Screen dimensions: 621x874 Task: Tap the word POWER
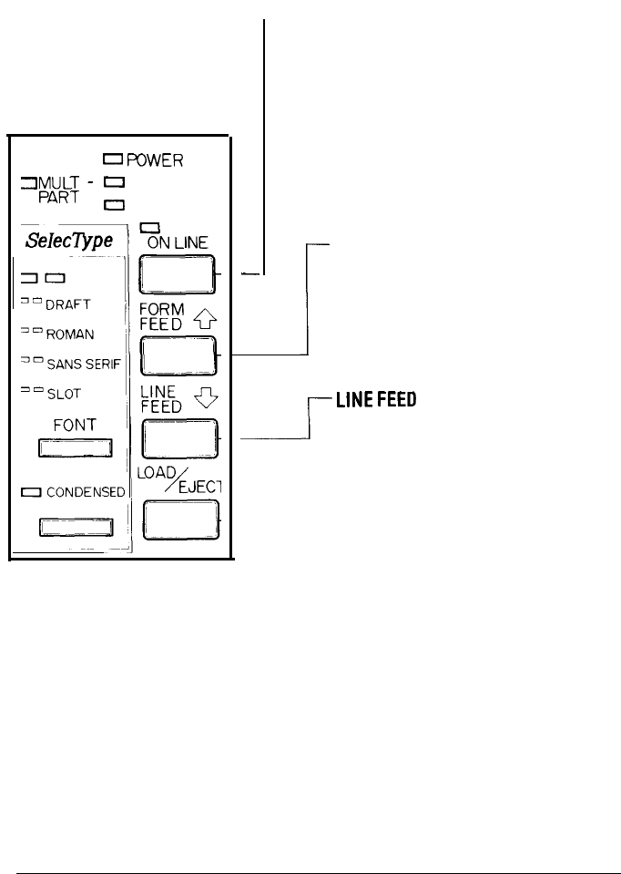(155, 160)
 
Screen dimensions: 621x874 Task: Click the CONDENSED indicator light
(33, 492)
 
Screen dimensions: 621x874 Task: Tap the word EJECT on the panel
(199, 488)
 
